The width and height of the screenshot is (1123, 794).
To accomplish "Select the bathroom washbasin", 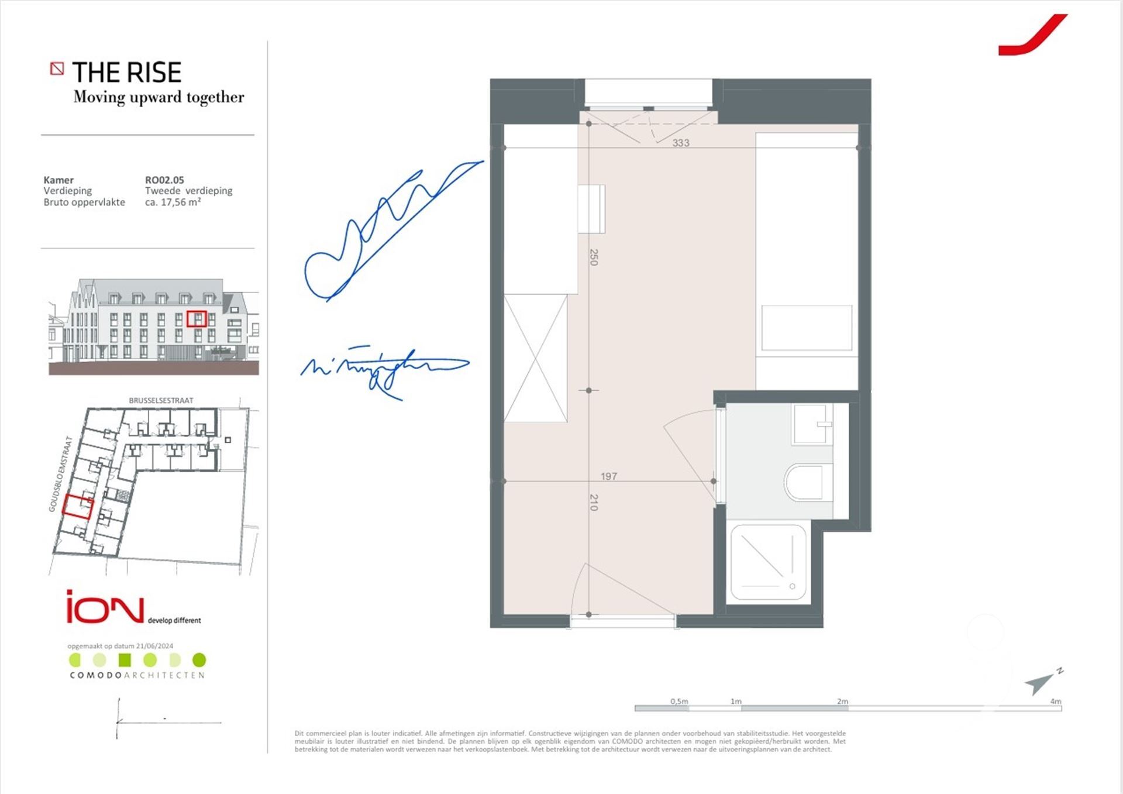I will [x=812, y=424].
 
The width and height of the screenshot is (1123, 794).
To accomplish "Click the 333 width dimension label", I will [x=681, y=143].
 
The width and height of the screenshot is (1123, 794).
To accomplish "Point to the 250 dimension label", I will [x=594, y=257].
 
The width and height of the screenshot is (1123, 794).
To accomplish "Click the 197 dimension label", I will [x=609, y=476].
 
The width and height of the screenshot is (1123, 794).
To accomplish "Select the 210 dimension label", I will [x=594, y=503].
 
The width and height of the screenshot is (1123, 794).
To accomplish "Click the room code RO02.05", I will [x=164, y=180].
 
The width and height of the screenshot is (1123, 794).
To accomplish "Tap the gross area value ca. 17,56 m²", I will [x=173, y=202].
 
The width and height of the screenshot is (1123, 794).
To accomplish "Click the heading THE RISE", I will [x=127, y=73].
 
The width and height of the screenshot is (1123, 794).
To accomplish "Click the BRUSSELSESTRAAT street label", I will [x=161, y=401].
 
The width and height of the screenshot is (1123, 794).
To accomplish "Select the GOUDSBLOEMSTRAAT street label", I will [x=60, y=474].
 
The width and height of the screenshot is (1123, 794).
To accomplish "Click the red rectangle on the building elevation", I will [x=197, y=318].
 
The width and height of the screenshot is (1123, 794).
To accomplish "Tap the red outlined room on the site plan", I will [x=78, y=507].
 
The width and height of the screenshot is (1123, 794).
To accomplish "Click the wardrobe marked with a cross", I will [x=535, y=358].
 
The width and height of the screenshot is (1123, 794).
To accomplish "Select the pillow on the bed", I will [x=807, y=328].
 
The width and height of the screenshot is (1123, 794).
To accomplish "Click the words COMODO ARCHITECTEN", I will [x=137, y=675].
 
